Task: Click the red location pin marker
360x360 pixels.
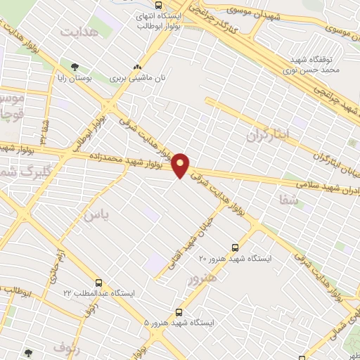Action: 181,165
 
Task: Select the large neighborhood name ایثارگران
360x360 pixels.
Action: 266,134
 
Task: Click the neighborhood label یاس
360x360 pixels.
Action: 96,214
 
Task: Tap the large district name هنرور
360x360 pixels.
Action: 202,279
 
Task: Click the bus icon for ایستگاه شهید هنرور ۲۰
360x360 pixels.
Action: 235,247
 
